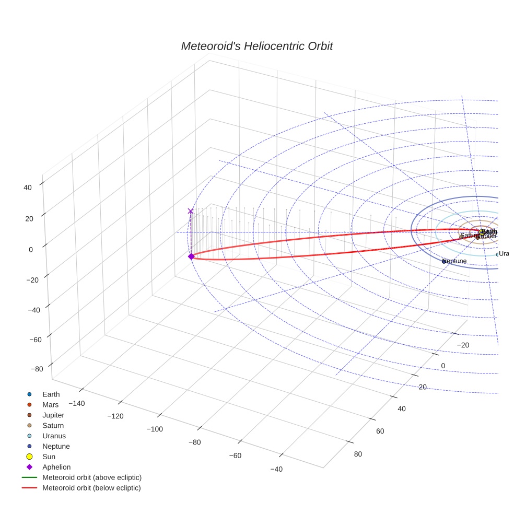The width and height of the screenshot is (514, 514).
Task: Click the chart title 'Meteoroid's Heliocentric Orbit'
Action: coord(256,46)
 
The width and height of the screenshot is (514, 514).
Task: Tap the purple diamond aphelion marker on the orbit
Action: coord(191,256)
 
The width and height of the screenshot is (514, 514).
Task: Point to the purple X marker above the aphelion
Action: coord(191,211)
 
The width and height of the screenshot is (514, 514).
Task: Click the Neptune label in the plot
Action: coord(454,261)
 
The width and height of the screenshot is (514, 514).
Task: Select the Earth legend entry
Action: coord(51,394)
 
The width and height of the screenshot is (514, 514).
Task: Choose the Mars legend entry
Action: coord(50,404)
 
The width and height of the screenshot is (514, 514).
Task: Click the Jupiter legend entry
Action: coord(53,415)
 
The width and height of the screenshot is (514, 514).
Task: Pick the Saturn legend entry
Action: coord(53,425)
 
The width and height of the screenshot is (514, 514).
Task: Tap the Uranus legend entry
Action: coord(54,436)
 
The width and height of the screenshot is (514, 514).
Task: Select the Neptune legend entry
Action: coord(55,446)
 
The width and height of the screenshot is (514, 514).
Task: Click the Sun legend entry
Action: coord(49,457)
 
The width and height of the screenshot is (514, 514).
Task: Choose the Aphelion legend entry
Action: coord(56,467)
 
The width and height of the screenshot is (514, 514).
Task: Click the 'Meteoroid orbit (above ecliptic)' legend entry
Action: coord(91,477)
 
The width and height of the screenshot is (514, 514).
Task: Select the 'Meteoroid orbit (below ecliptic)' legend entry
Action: coord(91,488)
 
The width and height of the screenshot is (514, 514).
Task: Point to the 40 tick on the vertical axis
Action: coord(28,188)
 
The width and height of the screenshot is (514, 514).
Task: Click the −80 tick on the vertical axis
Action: coord(37,369)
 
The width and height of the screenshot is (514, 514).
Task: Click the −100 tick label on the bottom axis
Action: coord(155,429)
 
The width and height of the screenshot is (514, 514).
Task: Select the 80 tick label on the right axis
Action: coord(358,453)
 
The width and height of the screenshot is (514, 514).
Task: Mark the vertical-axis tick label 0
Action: coord(31,250)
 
